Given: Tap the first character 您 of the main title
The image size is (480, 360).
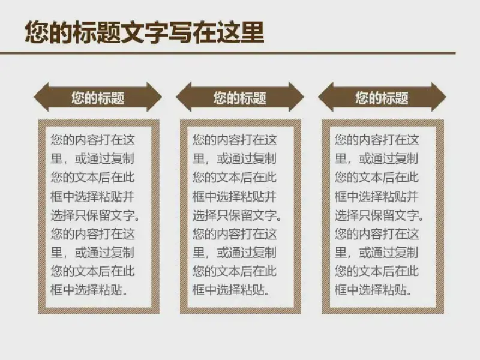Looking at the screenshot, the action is (x=37, y=32).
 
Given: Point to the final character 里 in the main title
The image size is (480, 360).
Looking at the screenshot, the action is (x=251, y=32).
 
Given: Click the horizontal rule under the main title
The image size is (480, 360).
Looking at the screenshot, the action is (x=228, y=53).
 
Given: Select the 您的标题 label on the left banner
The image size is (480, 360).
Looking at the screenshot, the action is (x=98, y=98).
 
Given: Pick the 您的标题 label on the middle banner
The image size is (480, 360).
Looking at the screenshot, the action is (x=240, y=98).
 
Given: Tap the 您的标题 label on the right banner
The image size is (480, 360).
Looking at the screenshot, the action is (x=382, y=98).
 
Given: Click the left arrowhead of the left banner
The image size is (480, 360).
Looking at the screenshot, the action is (x=41, y=97).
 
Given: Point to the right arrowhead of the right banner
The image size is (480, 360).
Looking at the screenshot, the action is (x=439, y=97).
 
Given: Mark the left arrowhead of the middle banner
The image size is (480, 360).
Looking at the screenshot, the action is (x=184, y=97).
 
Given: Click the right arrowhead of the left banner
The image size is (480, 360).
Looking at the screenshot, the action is (x=154, y=97).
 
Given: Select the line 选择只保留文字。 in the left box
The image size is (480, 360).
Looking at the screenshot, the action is (x=95, y=215).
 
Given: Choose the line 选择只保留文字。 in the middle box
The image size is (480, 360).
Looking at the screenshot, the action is (x=237, y=215).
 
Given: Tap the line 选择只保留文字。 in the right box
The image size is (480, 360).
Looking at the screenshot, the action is (x=379, y=215).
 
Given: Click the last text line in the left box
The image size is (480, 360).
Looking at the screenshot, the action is (x=89, y=290).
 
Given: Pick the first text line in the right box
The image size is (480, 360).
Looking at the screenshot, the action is (x=377, y=140).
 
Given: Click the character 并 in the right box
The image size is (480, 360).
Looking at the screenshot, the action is (x=413, y=196).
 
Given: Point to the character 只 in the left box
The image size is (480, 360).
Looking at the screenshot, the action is (x=80, y=215).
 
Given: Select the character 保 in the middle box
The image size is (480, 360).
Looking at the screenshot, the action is (x=234, y=215).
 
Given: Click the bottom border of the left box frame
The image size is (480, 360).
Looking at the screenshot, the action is (x=98, y=310).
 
